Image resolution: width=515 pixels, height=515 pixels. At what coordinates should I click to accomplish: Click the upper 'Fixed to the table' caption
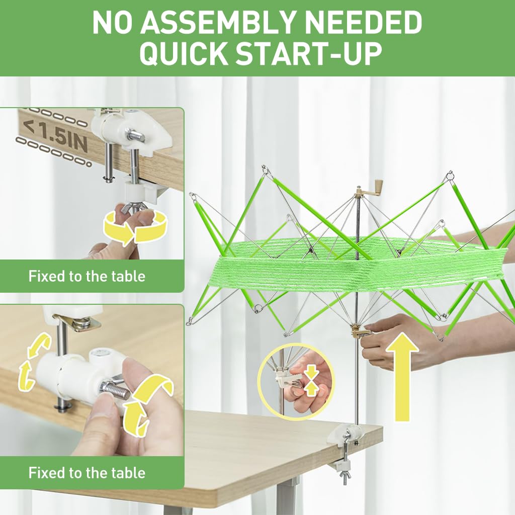coord(87,276)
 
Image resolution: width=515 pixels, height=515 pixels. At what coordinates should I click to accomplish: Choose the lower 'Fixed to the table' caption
coord(87,473)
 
